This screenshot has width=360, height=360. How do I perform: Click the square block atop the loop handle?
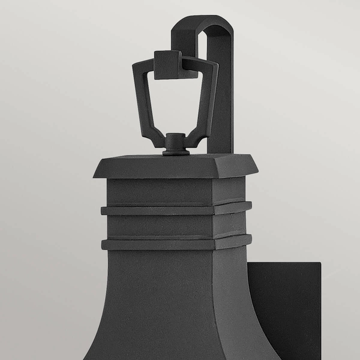(x=167, y=64)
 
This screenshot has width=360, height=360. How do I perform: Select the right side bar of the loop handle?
(x=209, y=102)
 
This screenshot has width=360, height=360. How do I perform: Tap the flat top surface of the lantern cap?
(x=175, y=160)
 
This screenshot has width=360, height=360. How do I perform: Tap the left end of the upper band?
(x=104, y=211)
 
